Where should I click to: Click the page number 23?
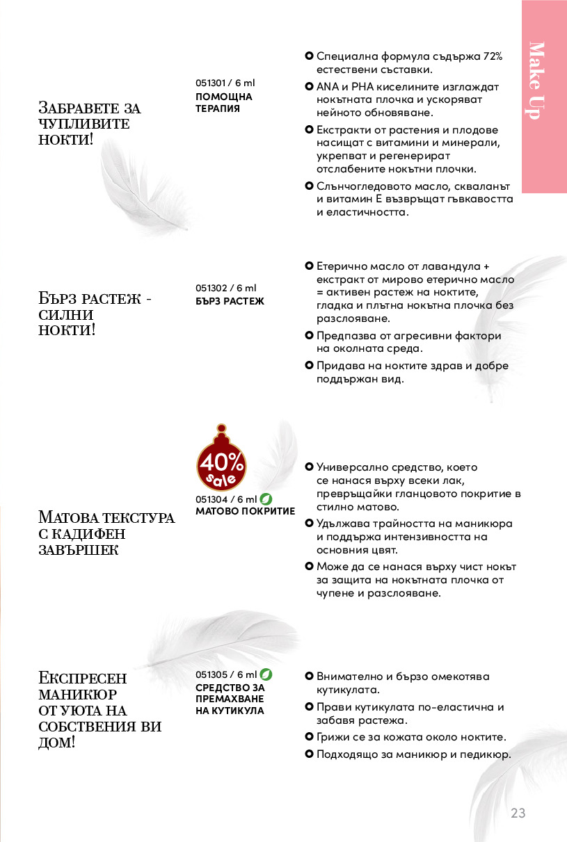click(x=518, y=813)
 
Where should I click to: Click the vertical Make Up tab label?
click(x=535, y=81)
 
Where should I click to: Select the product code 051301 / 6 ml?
click(x=225, y=83)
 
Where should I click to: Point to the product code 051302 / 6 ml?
click(x=225, y=288)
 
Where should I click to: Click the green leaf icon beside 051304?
click(x=266, y=499)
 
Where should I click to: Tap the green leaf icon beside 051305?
click(x=266, y=674)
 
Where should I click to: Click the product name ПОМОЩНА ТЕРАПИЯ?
click(x=224, y=103)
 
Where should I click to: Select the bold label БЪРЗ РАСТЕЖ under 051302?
click(x=230, y=301)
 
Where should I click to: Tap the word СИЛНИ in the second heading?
click(x=66, y=314)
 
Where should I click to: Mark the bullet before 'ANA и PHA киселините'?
click(x=309, y=87)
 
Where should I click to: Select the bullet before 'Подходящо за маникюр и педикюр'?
click(x=309, y=754)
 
